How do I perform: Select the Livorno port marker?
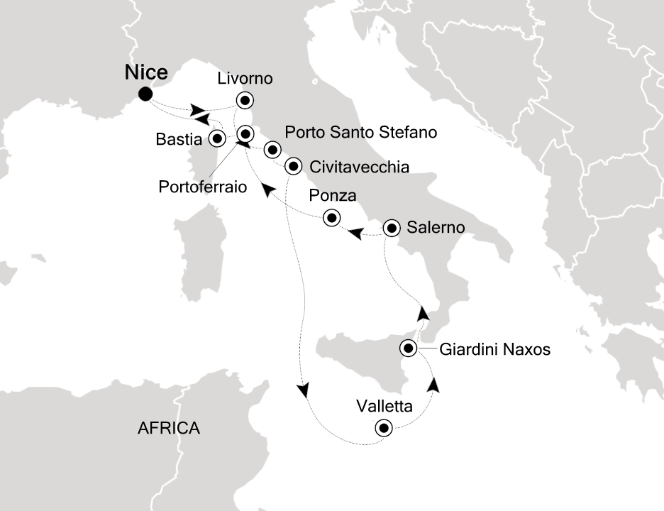[245, 100]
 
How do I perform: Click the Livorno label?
[245, 78]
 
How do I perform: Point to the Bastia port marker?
[216, 136]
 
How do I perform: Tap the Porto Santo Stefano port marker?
[272, 150]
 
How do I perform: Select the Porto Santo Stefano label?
[360, 133]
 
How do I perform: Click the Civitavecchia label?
[360, 167]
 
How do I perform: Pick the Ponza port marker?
[331, 218]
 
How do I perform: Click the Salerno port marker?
[391, 229]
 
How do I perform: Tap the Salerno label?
[436, 229]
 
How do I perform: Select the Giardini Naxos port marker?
[409, 348]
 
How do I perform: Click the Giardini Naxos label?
[495, 349]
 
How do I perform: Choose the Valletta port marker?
[384, 428]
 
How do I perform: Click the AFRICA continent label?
[169, 429]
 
